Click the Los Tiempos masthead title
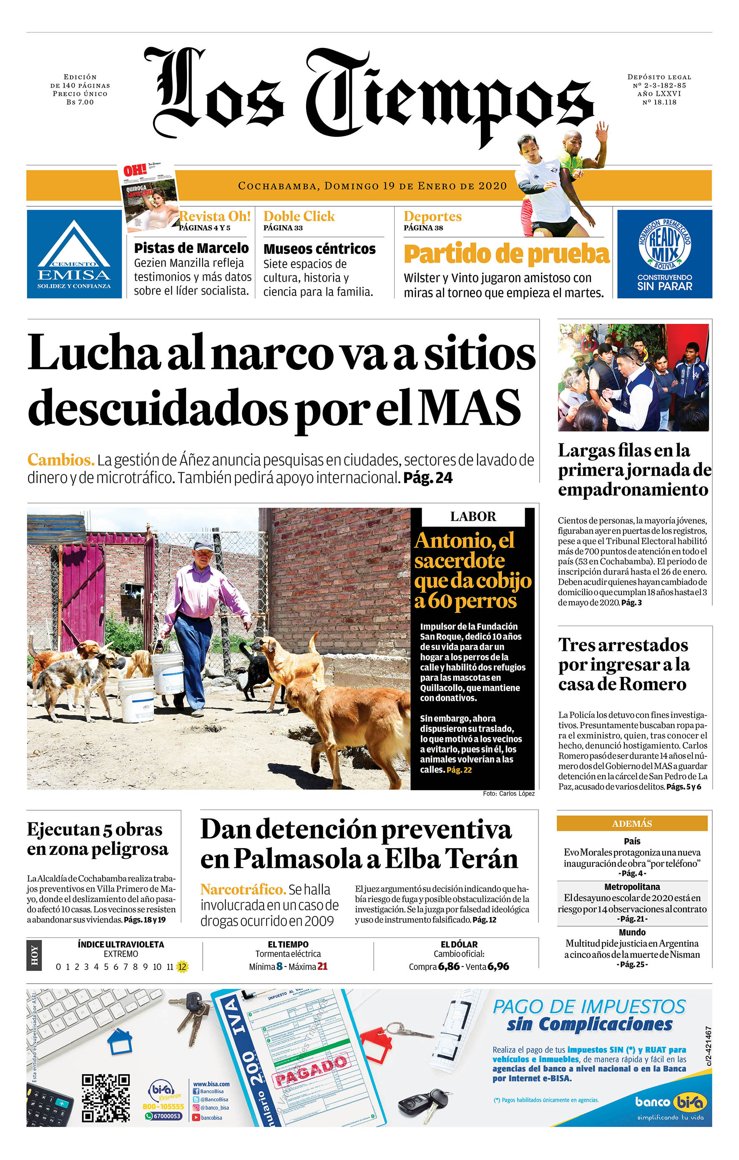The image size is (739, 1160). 369,94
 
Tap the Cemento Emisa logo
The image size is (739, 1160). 74,254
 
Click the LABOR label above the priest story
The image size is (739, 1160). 473,516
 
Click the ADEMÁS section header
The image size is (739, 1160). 631,823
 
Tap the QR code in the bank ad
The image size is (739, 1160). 106,1098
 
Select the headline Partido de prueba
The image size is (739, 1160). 506,254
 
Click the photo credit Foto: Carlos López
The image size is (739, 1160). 508,793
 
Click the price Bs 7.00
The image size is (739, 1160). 80,102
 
